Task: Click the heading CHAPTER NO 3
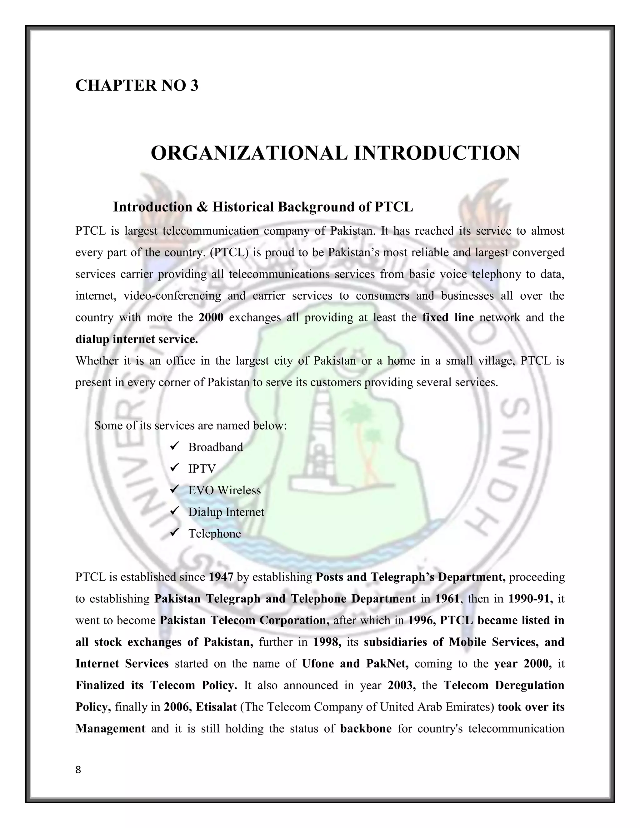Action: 137,85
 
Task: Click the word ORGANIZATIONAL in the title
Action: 249,153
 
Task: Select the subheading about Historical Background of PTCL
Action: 263,207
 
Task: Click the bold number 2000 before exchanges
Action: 211,317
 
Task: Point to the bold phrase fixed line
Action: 448,317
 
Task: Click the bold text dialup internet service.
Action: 137,339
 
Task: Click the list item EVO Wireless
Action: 224,491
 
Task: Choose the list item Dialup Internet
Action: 226,512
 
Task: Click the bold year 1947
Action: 221,577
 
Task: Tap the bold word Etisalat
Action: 216,707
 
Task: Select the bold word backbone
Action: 366,729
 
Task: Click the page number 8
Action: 78,770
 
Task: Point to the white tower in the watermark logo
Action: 319,436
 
